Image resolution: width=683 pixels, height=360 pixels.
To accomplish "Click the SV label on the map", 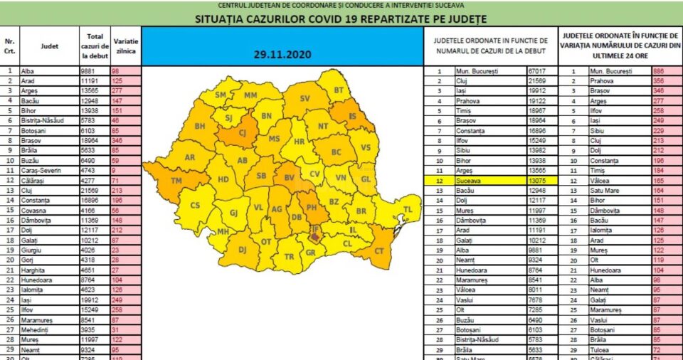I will point(305,97).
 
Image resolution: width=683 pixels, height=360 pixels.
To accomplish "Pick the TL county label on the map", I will point(408,209).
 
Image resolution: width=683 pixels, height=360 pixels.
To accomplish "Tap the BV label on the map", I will point(289,177).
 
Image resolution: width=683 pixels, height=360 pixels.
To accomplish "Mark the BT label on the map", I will point(339,90).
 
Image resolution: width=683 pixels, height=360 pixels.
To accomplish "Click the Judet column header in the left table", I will point(50,46).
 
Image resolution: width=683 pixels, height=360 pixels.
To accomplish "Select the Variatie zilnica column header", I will point(127,42).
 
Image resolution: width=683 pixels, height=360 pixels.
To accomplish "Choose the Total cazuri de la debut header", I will point(94,46).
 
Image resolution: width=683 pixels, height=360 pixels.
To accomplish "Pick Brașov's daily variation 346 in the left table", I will point(119,141).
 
